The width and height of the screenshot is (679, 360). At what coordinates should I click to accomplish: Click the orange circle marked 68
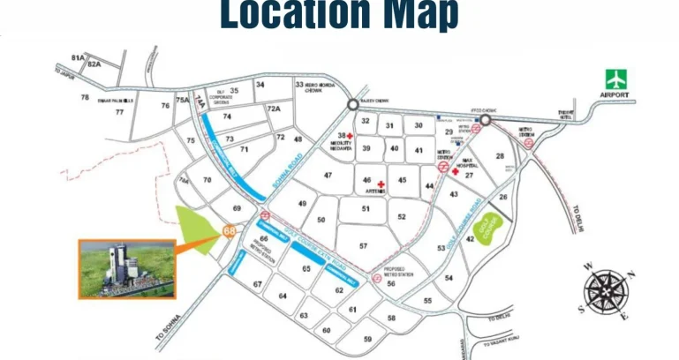pyautogui.click(x=229, y=231)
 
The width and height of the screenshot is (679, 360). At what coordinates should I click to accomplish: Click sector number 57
pyautogui.click(x=363, y=245)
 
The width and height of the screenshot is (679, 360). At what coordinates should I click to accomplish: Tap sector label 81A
pyautogui.click(x=78, y=58)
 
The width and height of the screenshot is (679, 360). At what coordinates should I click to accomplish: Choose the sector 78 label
pyautogui.click(x=85, y=97)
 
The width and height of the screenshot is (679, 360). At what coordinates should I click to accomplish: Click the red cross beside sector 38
pyautogui.click(x=351, y=134)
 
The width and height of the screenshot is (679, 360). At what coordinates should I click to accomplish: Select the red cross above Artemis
pyautogui.click(x=381, y=184)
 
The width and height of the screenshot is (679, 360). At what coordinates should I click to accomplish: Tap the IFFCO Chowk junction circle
pyautogui.click(x=485, y=120)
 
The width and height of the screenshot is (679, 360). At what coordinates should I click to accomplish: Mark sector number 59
pyautogui.click(x=367, y=339)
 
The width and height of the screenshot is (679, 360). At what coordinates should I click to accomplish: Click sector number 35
pyautogui.click(x=234, y=90)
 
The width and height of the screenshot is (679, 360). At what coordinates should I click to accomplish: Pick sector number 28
pyautogui.click(x=499, y=156)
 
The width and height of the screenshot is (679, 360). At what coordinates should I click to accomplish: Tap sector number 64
pyautogui.click(x=283, y=296)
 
